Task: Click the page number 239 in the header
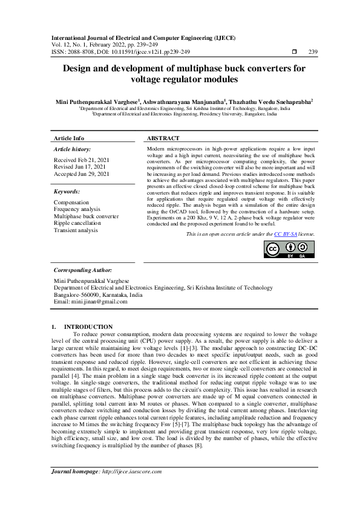(x=313, y=51)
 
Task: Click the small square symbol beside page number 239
(x=294, y=51)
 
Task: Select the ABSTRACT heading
(x=163, y=138)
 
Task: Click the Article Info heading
(x=70, y=138)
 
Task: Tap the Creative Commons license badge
(x=282, y=249)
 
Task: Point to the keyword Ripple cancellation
(x=77, y=223)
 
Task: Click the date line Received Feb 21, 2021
(x=81, y=160)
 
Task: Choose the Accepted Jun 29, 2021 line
(x=82, y=174)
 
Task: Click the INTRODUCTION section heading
(x=88, y=326)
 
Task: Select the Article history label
(x=73, y=149)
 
